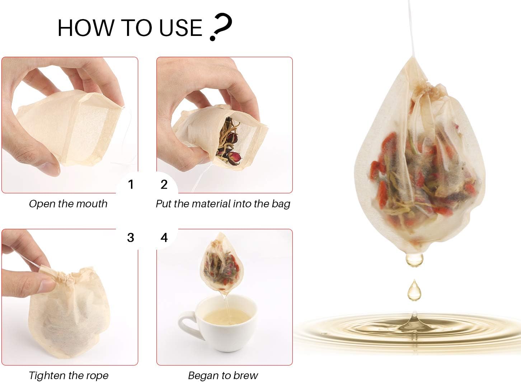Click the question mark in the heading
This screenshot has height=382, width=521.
click(221, 27)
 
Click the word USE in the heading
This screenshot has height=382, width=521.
click(180, 28)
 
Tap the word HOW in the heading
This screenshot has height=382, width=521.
click(86, 28)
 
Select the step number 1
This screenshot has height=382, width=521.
click(131, 184)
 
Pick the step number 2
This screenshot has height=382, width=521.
click(164, 184)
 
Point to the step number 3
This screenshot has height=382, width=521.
click(131, 237)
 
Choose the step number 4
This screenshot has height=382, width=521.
click(164, 237)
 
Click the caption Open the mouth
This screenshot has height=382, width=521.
click(68, 204)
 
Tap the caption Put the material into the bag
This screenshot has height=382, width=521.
click(223, 204)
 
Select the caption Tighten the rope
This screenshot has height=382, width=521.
click(69, 376)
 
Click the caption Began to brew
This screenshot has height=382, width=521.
click(223, 376)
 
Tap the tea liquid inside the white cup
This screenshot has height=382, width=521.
click(227, 317)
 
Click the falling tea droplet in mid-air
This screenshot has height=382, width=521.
click(414, 290)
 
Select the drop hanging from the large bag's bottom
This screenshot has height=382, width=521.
click(414, 259)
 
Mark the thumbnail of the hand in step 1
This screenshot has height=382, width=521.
click(50, 169)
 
